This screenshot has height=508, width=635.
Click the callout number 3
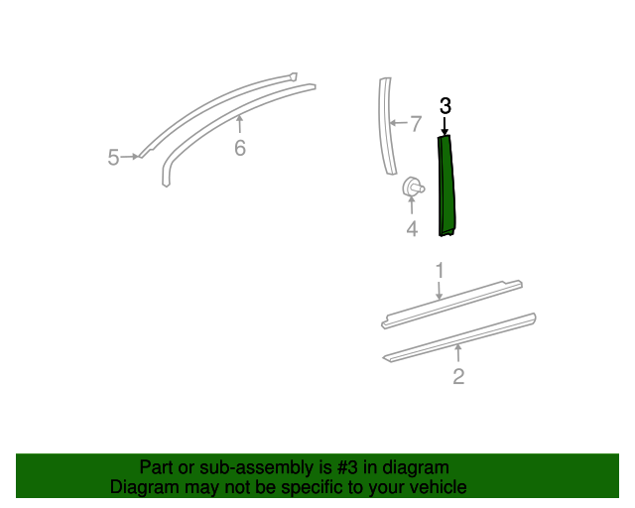tap(445, 105)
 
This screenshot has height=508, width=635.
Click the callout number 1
tap(439, 269)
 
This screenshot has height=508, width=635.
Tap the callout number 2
tap(458, 376)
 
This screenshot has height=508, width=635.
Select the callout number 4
tap(412, 229)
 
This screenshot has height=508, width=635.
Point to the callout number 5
tap(114, 157)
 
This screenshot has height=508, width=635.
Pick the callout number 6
tap(239, 149)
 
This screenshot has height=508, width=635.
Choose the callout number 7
tap(416, 124)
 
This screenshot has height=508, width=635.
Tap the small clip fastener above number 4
tap(412, 187)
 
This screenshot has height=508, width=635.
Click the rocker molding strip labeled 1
tap(451, 304)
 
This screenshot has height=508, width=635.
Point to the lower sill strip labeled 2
tap(458, 336)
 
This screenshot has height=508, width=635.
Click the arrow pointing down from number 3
tap(445, 125)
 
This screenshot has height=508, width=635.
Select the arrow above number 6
tap(239, 125)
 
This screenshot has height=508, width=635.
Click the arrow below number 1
tap(439, 289)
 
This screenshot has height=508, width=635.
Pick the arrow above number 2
tap(458, 354)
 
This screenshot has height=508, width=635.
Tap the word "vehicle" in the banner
tap(437, 487)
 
